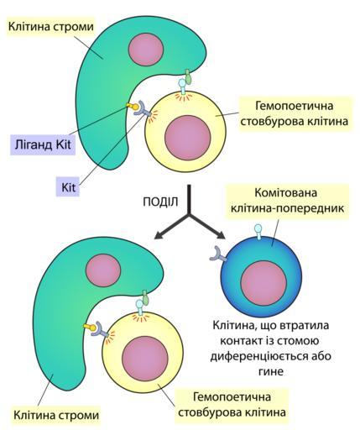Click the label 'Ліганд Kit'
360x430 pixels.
tap(43, 145)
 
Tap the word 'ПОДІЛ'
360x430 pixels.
tap(160, 202)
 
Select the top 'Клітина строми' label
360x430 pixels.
tap(50, 27)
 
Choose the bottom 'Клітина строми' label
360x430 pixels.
tap(56, 415)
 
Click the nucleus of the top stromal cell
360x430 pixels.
tap(145, 50)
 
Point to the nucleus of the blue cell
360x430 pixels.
tap(263, 283)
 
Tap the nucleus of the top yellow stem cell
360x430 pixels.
tap(187, 137)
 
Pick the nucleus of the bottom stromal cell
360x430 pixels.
tap(103, 270)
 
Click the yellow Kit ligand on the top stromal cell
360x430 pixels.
tap(133, 106)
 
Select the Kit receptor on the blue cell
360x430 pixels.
tap(218, 254)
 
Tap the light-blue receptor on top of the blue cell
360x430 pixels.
tap(258, 232)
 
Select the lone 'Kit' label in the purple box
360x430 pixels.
tap(68, 186)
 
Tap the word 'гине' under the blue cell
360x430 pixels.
tap(270, 372)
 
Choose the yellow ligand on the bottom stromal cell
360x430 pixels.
tap(90, 327)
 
